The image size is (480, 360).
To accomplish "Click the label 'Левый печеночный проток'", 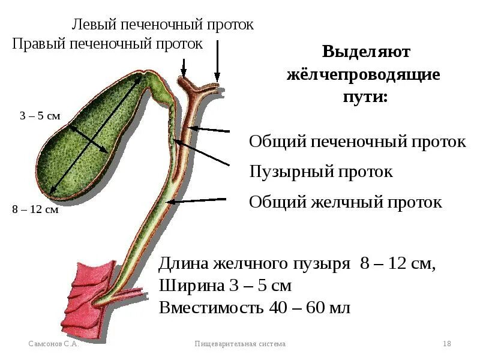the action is (163, 25).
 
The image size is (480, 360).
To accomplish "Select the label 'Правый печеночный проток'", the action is (107, 44).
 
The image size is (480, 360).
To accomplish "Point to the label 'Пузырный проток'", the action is (321, 172).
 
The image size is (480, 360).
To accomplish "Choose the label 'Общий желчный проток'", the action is (346, 202).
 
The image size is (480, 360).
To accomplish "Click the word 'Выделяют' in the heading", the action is (366, 52).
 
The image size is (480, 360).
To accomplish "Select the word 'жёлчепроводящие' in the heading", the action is (364, 75).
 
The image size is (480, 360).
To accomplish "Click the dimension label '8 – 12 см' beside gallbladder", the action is (35, 211).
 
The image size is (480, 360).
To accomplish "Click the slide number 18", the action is (446, 344).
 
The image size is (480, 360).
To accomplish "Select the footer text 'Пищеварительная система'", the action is (241, 344).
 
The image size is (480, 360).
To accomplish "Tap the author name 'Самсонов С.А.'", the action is (55, 344).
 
